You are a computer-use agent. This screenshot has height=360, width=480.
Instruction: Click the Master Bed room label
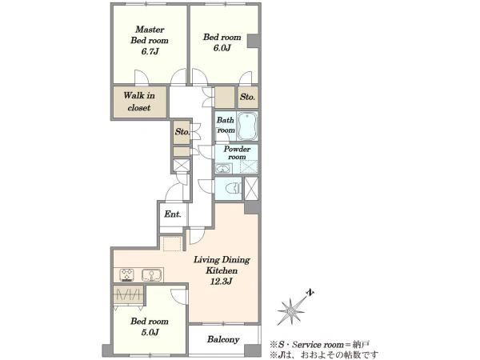point(150,34)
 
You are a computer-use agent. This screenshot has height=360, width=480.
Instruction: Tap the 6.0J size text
point(222,48)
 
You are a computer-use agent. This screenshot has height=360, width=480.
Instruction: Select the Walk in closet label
point(139,102)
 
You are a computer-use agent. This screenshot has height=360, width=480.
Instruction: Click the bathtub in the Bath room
point(247,126)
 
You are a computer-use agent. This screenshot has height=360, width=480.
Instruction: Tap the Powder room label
point(237,153)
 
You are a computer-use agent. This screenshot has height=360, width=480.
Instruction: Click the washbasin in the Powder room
point(224,168)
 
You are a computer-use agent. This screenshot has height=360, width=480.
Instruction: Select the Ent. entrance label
point(172,214)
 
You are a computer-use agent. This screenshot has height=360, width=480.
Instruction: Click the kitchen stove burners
point(126,274)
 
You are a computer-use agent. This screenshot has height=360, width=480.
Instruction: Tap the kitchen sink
point(150,275)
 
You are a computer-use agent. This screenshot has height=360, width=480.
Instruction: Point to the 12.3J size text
point(221,282)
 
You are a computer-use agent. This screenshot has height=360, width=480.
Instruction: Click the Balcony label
point(223,339)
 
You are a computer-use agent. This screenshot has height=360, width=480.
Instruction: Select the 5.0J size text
point(150,332)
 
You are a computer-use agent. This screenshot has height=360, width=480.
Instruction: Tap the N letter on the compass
point(310,293)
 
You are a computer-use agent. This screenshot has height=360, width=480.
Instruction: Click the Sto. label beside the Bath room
point(247,97)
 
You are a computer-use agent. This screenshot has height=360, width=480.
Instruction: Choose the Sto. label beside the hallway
point(182,132)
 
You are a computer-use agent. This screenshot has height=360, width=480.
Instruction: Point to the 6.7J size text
point(150,51)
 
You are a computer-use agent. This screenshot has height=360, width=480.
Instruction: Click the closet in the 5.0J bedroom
point(129,295)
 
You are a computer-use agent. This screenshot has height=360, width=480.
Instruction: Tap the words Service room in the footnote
point(318,345)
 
